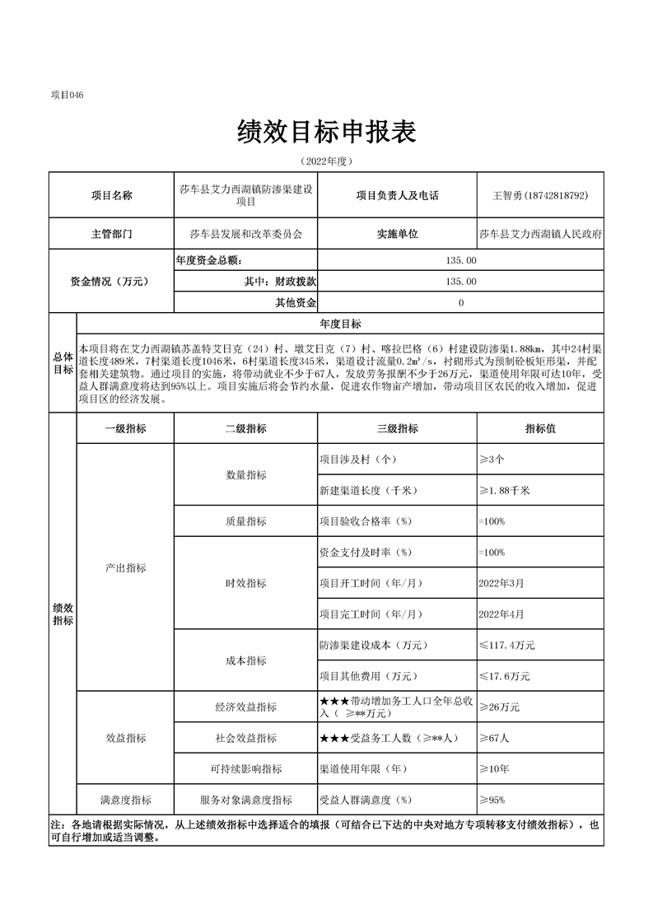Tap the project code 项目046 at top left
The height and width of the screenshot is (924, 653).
pos(68,95)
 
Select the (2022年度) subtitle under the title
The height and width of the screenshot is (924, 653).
pos(326,160)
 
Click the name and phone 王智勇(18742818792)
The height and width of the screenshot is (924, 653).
pos(539,196)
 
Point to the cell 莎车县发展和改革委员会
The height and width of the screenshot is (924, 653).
pos(245,234)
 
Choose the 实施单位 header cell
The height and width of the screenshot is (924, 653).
pos(397,234)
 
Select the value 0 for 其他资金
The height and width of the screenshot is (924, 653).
pos(460,303)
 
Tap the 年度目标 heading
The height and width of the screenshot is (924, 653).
pos(340,324)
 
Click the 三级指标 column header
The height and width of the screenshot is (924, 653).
pos(397,428)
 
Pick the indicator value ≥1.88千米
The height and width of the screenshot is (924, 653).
pos(504,491)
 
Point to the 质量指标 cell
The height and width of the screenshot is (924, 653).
pos(245,521)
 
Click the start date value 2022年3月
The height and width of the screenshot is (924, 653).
pos(501,583)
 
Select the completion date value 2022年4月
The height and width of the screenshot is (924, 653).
pos(501,614)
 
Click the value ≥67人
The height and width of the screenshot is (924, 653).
pos(494,738)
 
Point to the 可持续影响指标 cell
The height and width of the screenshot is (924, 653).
pos(245,768)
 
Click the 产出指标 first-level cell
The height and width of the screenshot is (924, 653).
pos(126,568)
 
